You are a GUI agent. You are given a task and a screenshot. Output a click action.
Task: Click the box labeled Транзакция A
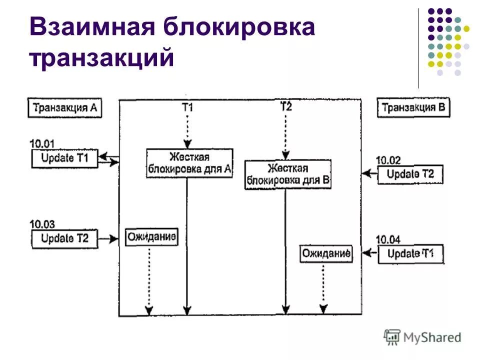(x=64, y=108)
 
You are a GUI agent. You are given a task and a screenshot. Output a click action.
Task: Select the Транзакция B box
(x=414, y=107)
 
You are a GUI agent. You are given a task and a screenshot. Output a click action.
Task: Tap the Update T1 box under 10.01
(x=64, y=158)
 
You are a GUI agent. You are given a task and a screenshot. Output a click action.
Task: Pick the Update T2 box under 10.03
(x=64, y=239)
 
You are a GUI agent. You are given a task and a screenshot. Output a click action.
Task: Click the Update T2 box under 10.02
(x=410, y=174)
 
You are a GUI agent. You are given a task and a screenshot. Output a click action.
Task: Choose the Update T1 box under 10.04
(x=410, y=254)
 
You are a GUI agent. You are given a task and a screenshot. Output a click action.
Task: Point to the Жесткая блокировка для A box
(x=189, y=163)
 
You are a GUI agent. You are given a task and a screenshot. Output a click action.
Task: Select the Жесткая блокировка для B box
(x=287, y=174)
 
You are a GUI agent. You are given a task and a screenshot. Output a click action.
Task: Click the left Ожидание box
(x=151, y=237)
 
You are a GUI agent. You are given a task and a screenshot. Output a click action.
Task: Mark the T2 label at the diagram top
(x=286, y=106)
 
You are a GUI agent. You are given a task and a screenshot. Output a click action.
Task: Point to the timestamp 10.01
(x=42, y=144)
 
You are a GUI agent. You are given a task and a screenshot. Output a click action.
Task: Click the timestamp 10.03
(x=42, y=224)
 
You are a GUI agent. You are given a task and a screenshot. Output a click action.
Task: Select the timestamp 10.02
(x=388, y=160)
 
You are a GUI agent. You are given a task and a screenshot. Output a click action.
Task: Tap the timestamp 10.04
(x=388, y=239)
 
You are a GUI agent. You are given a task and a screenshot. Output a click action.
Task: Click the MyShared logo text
(x=432, y=337)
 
